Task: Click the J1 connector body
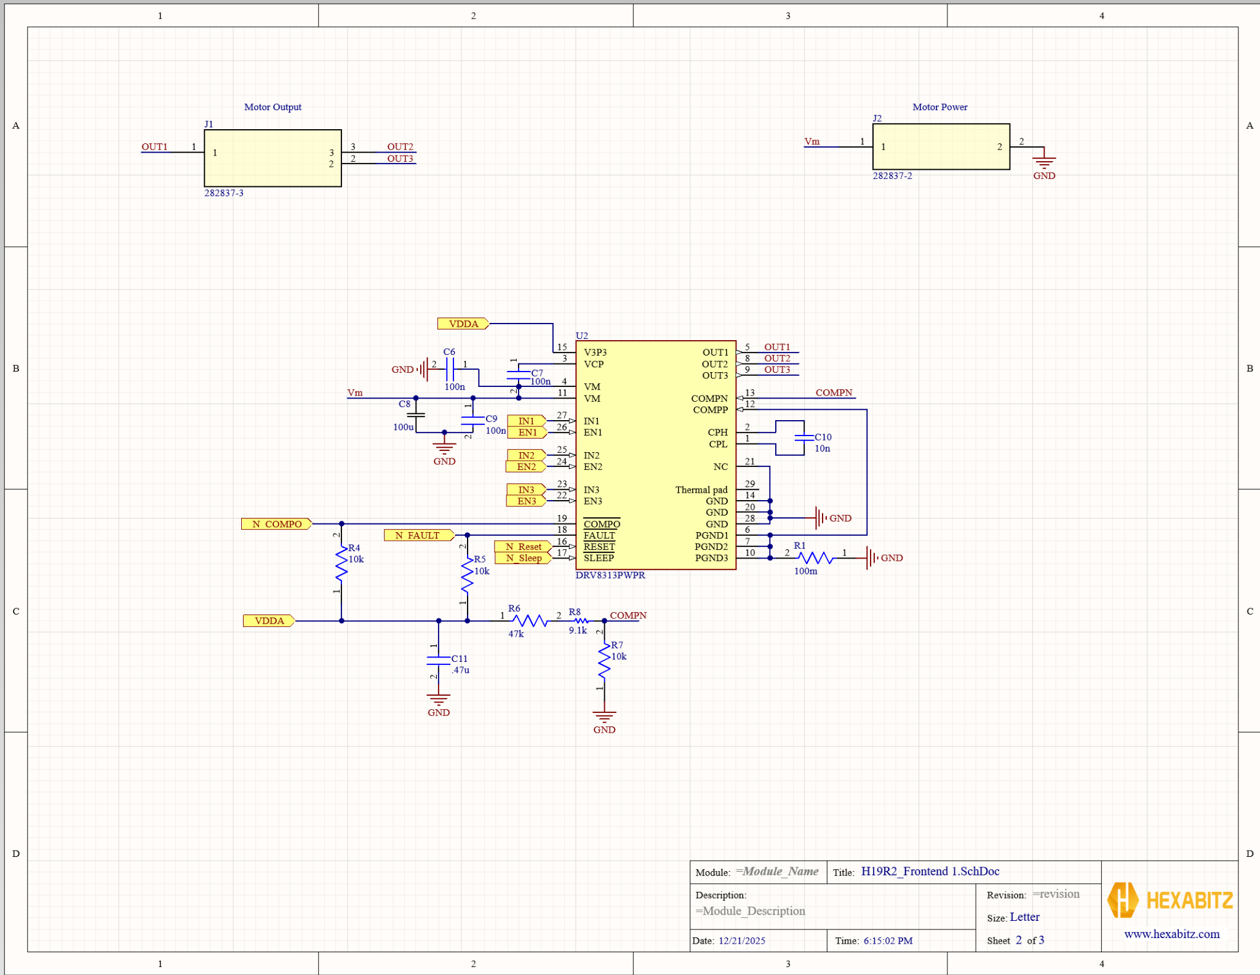click(x=273, y=158)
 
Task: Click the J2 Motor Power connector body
click(x=941, y=146)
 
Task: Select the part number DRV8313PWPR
click(x=610, y=575)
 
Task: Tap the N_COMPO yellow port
click(x=276, y=524)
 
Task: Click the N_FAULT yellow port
click(x=418, y=535)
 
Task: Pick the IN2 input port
click(x=526, y=455)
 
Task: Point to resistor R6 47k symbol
click(x=530, y=621)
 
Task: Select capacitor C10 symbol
click(x=803, y=438)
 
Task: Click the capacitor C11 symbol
click(x=439, y=660)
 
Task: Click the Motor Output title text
click(x=273, y=107)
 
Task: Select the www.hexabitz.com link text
click(x=1171, y=934)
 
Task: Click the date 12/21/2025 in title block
click(x=741, y=941)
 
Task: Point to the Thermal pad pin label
click(x=701, y=490)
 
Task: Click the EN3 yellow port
click(x=526, y=501)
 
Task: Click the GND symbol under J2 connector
click(x=1044, y=164)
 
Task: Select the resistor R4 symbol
click(x=341, y=563)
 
